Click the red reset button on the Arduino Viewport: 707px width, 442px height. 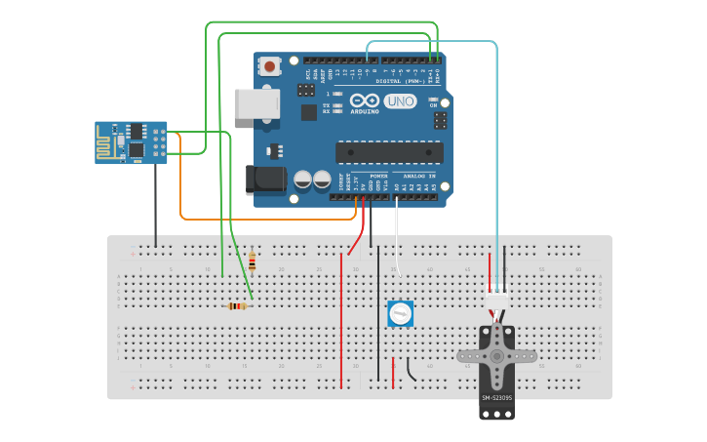click(x=268, y=66)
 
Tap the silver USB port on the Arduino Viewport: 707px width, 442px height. click(x=256, y=103)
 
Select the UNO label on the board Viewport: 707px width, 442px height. click(x=400, y=100)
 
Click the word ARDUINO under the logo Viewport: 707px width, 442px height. click(x=365, y=110)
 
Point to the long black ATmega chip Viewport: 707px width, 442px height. click(x=389, y=152)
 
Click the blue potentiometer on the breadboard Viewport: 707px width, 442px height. click(x=400, y=313)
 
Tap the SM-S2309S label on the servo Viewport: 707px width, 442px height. click(x=496, y=397)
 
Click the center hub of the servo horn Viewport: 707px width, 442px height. click(x=496, y=357)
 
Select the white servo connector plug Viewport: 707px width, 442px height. click(x=496, y=300)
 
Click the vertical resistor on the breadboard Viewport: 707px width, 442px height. click(x=252, y=261)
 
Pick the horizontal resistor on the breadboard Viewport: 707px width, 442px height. click(x=236, y=306)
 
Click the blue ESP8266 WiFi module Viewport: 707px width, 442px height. click(x=131, y=142)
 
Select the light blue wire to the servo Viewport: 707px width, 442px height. click(x=497, y=146)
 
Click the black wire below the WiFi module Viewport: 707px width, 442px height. click(x=155, y=205)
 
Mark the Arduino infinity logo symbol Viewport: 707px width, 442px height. click(x=365, y=100)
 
